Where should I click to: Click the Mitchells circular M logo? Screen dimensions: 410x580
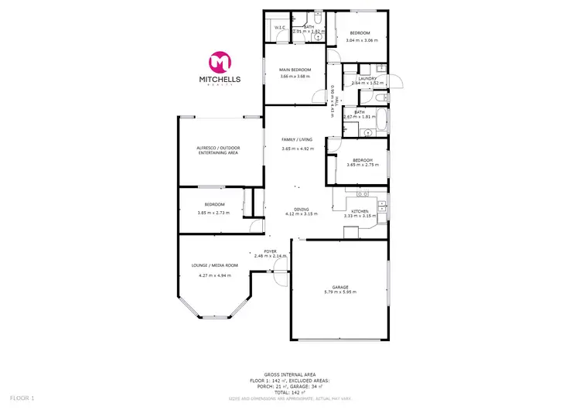tap(220, 63)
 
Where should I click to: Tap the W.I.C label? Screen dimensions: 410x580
tap(279, 29)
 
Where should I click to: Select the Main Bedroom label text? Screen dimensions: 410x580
tap(294, 70)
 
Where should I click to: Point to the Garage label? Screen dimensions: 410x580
tap(339, 286)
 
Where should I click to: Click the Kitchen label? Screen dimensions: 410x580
tap(359, 211)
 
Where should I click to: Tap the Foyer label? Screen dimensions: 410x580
tap(270, 251)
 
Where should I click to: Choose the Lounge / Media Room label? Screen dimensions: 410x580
tap(215, 265)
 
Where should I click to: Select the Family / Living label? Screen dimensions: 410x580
tap(297, 140)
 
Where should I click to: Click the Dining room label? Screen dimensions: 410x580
tap(301, 209)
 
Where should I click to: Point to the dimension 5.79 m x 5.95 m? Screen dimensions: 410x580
tap(339, 292)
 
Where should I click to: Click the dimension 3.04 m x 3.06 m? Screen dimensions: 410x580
tap(362, 39)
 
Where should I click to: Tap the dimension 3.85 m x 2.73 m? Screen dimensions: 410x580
tap(214, 212)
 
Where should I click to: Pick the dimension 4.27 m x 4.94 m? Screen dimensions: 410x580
tap(215, 275)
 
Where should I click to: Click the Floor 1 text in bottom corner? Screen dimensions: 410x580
tap(17, 398)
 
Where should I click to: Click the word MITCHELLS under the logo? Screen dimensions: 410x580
tap(220, 80)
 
